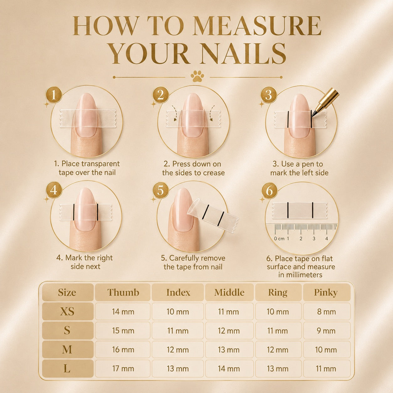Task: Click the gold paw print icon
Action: pyautogui.click(x=197, y=76)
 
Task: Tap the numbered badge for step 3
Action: pyautogui.click(x=269, y=95)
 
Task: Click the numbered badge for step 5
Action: pyautogui.click(x=161, y=190)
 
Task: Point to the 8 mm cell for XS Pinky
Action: pyautogui.click(x=327, y=312)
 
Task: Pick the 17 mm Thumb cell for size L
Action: pyautogui.click(x=123, y=369)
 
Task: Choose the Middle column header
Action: pyautogui.click(x=229, y=292)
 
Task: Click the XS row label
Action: pyautogui.click(x=68, y=312)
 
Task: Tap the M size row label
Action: pyautogui.click(x=68, y=349)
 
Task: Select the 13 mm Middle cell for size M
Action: pyautogui.click(x=229, y=349)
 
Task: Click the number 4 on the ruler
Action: pyautogui.click(x=327, y=238)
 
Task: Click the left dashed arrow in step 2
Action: pyautogui.click(x=174, y=113)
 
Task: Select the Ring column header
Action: pyautogui.click(x=278, y=292)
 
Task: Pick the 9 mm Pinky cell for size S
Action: pyautogui.click(x=327, y=331)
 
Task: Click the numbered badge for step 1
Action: pyautogui.click(x=54, y=95)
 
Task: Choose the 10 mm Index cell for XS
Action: pyautogui.click(x=178, y=312)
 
